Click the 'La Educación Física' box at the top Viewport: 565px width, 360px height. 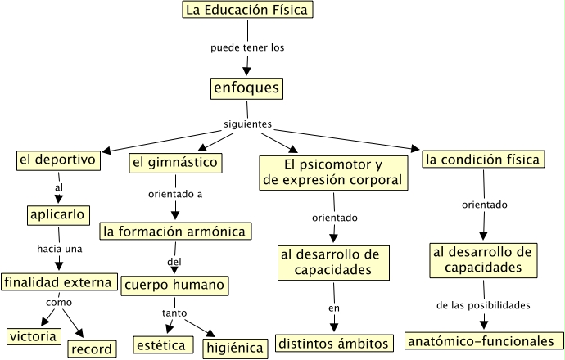point(246,11)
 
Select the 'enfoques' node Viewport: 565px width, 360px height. point(246,88)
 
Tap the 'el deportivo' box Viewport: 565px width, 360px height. point(58,160)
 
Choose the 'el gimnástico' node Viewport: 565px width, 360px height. point(175,163)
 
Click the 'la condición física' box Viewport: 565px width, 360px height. point(483,160)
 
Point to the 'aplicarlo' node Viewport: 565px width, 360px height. point(58,214)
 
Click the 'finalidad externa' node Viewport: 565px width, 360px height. point(57,282)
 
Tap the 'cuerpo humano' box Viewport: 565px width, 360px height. point(174,286)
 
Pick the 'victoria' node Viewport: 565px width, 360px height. point(33,335)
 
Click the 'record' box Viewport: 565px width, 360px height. point(92,349)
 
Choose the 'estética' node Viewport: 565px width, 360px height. point(163,345)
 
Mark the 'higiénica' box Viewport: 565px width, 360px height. point(235,348)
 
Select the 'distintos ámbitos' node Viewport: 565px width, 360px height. point(333,343)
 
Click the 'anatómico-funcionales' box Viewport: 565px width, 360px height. point(483,340)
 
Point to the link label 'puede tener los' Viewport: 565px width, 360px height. point(247,47)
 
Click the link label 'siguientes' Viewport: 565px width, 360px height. point(247,124)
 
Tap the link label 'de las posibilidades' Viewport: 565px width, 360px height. point(483,305)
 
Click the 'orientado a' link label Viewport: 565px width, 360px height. point(175,195)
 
